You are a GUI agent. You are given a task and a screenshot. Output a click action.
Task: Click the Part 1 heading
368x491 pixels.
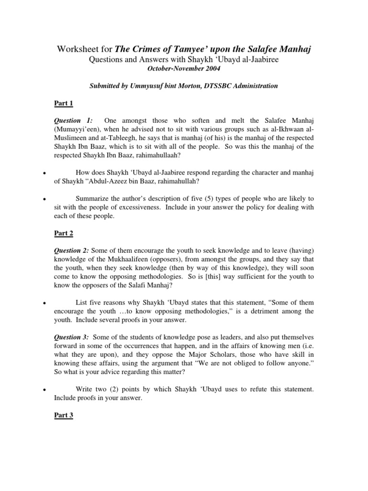coord(63,103)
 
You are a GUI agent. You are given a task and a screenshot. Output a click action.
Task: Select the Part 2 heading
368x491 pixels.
coord(63,234)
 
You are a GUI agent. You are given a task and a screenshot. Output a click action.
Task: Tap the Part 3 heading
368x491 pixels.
coord(63,415)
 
